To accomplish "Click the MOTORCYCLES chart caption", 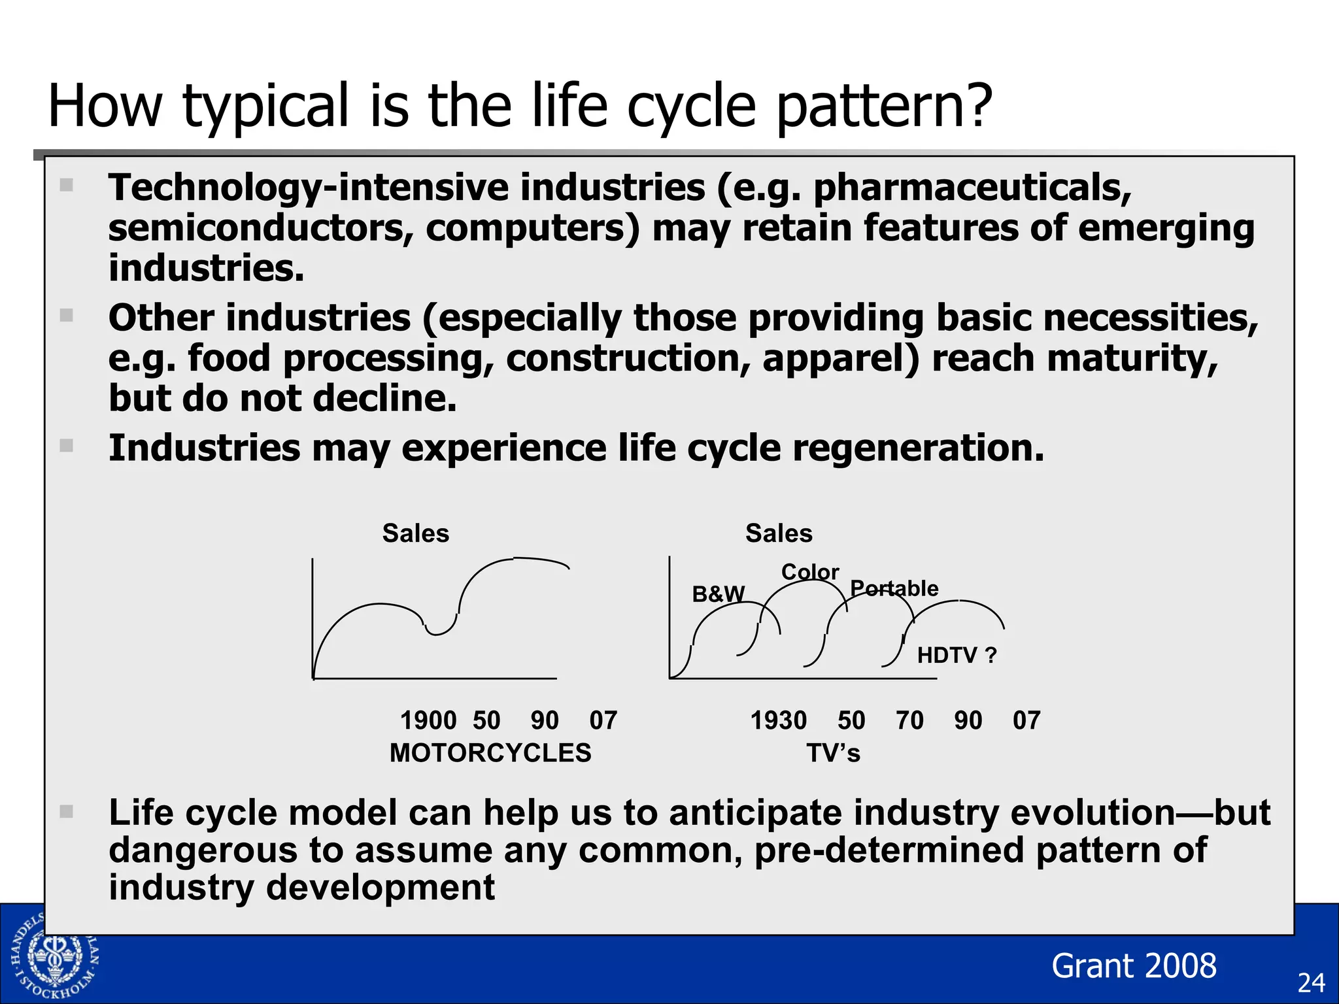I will click(x=490, y=753).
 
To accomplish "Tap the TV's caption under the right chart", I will click(x=833, y=753).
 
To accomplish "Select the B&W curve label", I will click(x=718, y=594).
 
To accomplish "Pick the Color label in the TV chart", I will click(x=809, y=572).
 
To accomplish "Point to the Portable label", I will click(x=894, y=588).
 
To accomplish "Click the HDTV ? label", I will click(x=957, y=655).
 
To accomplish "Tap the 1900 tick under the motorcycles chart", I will click(x=428, y=720).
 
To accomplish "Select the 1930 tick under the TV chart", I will click(x=778, y=720).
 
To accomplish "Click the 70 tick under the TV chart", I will click(x=909, y=720).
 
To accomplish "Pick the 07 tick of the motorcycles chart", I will click(x=603, y=720).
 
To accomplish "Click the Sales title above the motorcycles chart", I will click(x=416, y=533).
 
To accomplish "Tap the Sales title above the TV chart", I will click(x=779, y=533).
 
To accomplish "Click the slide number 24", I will click(x=1311, y=983).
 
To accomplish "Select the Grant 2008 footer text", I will click(x=1134, y=965).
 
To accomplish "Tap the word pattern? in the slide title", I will click(x=884, y=106).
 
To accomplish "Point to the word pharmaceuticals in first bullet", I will click(x=972, y=188).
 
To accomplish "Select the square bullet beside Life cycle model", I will click(x=66, y=812).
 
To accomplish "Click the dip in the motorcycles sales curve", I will click(x=437, y=632).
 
